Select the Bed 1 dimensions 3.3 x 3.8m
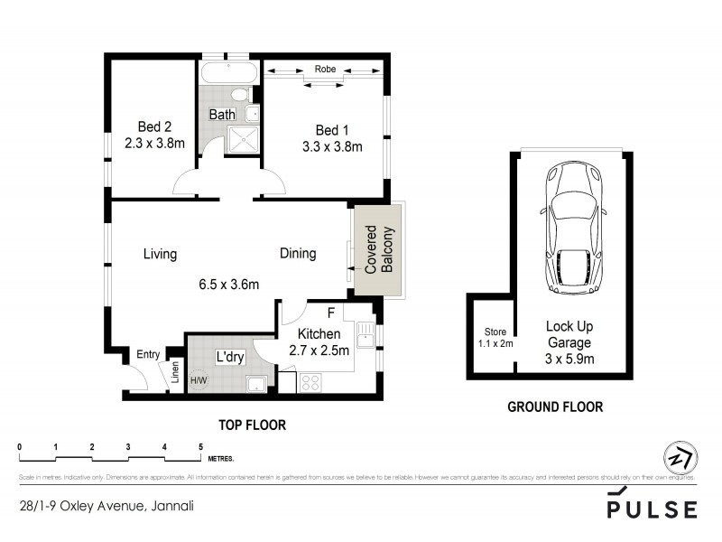click(x=331, y=146)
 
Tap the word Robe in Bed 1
click(x=325, y=69)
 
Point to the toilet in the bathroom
click(x=240, y=95)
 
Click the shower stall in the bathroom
click(x=241, y=137)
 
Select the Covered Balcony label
click(x=377, y=249)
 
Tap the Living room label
click(x=160, y=254)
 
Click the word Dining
click(x=297, y=254)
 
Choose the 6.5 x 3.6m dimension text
click(x=229, y=284)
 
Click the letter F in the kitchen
click(x=331, y=313)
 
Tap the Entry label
click(x=148, y=355)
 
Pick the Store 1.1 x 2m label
click(x=495, y=337)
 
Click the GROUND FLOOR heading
click(x=555, y=407)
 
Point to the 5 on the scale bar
click(x=200, y=447)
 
